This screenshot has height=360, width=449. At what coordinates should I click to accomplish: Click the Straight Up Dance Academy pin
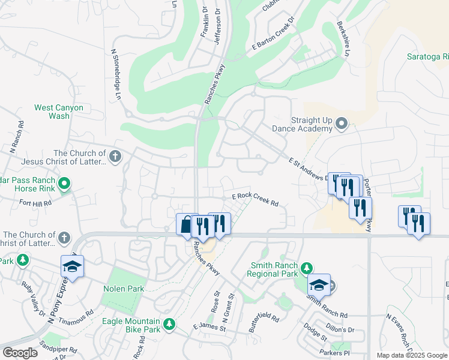tap(342, 124)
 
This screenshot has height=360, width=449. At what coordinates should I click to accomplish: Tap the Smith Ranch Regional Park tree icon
tap(307, 268)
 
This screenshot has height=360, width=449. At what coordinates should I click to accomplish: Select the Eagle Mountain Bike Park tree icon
tap(170, 324)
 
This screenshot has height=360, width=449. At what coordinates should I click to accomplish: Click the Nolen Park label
tap(123, 289)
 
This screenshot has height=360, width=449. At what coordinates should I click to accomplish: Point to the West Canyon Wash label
tap(59, 112)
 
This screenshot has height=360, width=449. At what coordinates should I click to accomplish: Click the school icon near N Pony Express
tap(72, 266)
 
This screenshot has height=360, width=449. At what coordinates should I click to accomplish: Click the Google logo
tap(20, 353)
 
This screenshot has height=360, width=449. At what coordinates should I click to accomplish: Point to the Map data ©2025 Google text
tap(412, 355)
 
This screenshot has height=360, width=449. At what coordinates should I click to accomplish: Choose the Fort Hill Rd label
tap(35, 203)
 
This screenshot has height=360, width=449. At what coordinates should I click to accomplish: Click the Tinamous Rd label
tap(77, 313)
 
